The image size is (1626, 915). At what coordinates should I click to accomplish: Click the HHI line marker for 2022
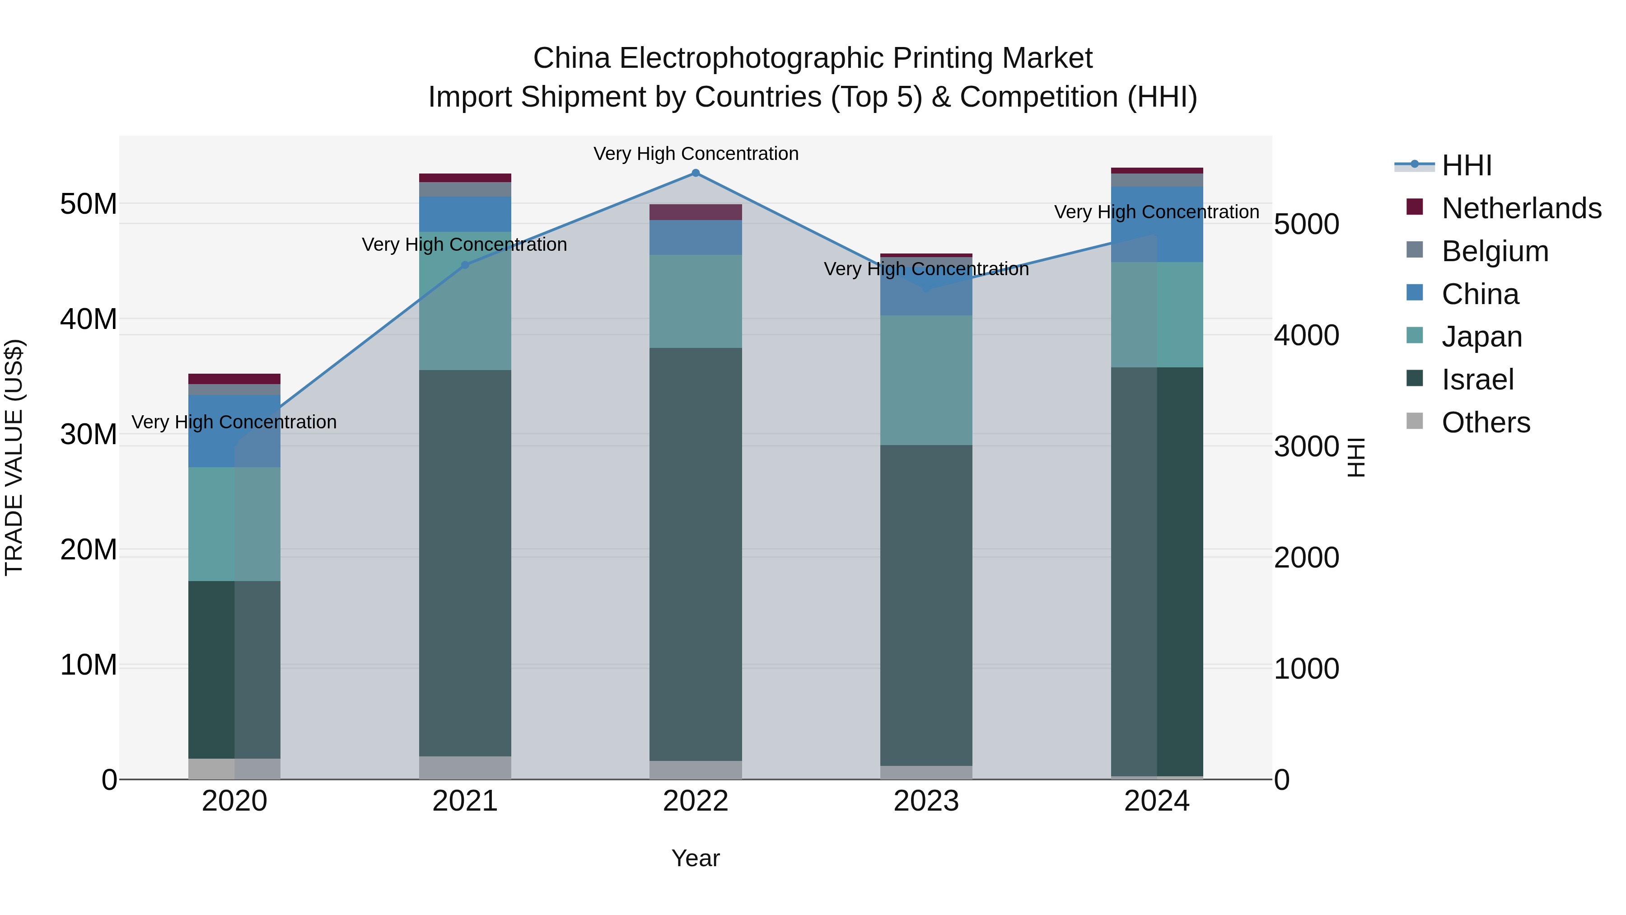click(696, 173)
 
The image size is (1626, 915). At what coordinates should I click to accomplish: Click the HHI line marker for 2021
click(465, 265)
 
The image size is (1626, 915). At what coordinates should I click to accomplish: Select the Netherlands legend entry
click(1521, 208)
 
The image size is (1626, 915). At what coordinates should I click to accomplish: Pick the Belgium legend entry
click(1495, 251)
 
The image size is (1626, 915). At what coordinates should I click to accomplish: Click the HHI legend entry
click(1466, 165)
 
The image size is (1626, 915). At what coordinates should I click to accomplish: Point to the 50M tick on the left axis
click(89, 204)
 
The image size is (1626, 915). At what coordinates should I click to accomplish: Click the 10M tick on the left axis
click(89, 665)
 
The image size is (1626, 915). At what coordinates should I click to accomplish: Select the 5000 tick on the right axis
click(1306, 224)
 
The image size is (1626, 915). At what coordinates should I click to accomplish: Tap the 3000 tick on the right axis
click(1306, 446)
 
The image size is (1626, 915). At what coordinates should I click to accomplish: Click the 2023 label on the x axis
click(926, 801)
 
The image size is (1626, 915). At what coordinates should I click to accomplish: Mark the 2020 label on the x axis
click(234, 801)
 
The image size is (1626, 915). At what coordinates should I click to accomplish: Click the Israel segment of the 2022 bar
click(696, 554)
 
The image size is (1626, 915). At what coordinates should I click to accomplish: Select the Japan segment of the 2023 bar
click(926, 380)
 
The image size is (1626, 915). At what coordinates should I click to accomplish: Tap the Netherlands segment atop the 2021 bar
click(465, 178)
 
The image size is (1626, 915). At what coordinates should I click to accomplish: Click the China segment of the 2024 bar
click(1157, 224)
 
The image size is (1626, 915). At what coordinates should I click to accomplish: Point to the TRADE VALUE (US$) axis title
click(14, 457)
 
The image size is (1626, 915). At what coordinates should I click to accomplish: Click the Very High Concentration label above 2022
click(696, 154)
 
